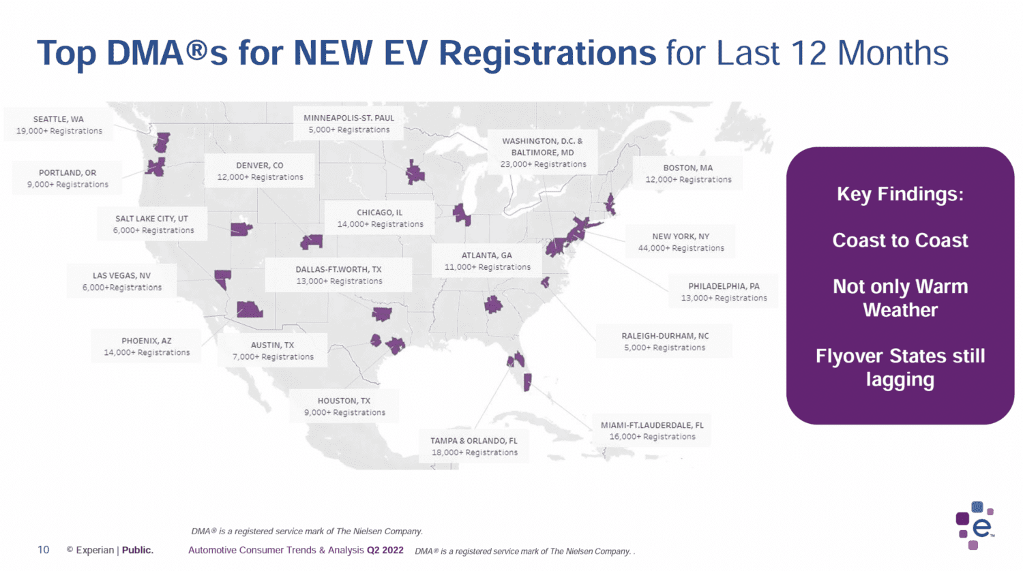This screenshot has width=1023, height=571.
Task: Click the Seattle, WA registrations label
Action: point(59,125)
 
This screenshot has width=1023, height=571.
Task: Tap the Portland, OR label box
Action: point(68,179)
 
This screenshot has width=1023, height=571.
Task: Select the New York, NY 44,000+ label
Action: point(681,242)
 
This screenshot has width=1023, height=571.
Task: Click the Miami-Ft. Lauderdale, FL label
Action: point(652,431)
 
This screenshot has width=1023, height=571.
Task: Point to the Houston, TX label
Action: point(344,407)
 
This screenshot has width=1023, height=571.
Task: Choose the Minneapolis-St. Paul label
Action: point(349,123)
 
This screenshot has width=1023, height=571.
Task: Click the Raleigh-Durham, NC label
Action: point(664,341)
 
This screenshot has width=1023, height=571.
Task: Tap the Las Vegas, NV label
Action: point(122,281)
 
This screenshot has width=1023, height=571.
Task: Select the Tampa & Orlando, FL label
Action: point(474,446)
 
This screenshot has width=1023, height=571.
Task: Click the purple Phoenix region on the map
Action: point(249,309)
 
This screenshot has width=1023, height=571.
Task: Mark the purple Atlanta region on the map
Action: point(493,304)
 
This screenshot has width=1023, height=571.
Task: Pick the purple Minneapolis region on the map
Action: point(414,172)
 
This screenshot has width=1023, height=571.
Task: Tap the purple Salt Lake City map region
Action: point(241,229)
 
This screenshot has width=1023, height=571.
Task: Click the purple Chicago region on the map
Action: point(462,215)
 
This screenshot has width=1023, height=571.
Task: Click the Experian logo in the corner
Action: point(975,525)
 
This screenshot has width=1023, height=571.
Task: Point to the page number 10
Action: point(43,550)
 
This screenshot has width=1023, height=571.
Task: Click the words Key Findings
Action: point(900,194)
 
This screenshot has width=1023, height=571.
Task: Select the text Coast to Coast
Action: point(900,241)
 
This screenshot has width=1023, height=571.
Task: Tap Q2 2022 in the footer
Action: point(385,550)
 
